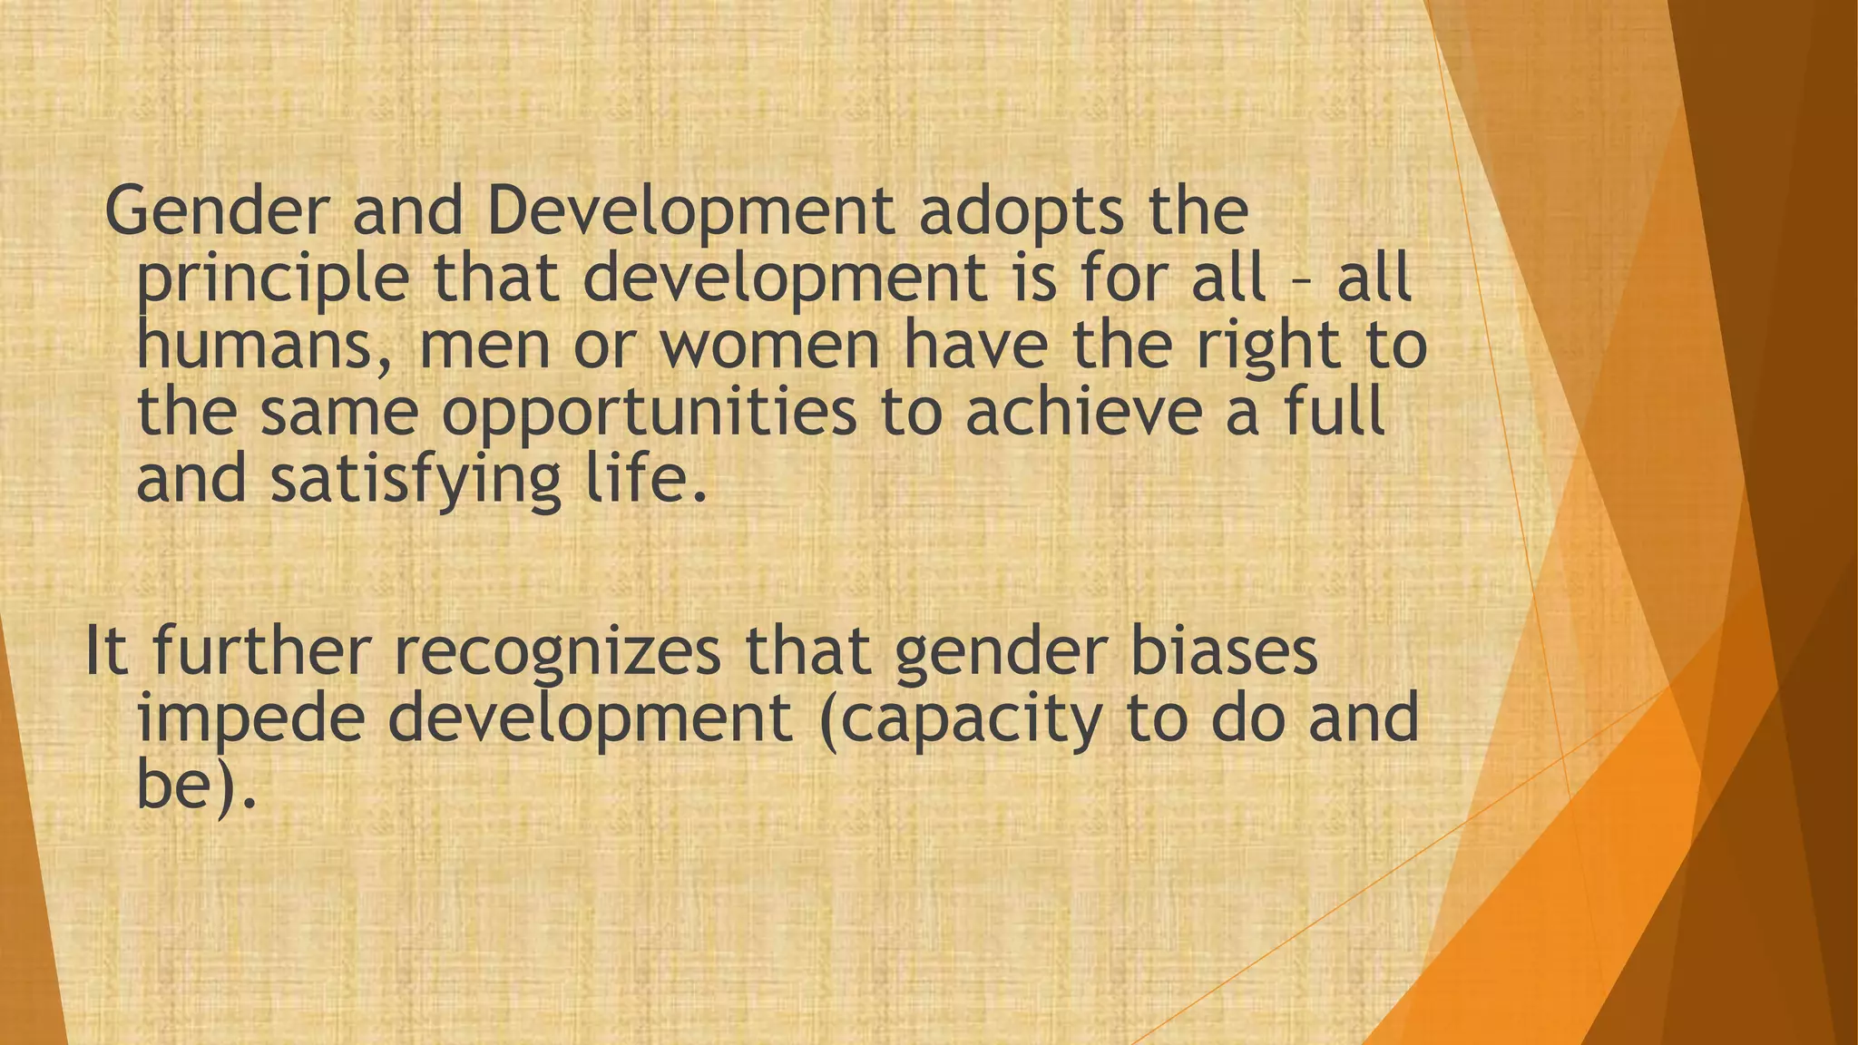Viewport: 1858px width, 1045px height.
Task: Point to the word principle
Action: tap(272, 279)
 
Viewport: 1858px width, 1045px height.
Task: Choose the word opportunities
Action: tap(649, 414)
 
